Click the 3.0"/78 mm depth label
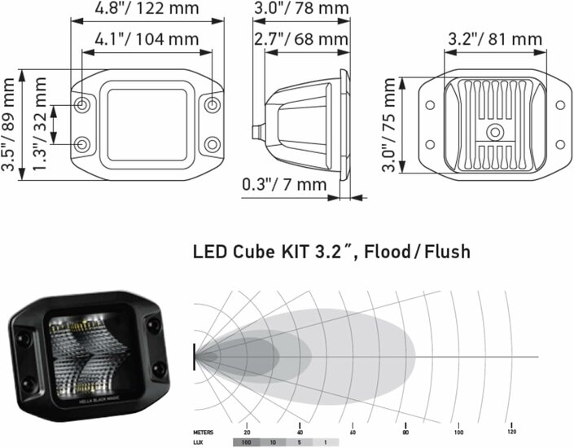(x=300, y=10)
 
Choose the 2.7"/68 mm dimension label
(x=300, y=38)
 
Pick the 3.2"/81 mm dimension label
(x=495, y=38)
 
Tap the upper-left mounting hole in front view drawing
(x=84, y=106)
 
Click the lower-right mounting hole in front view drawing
(x=213, y=144)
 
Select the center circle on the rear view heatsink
(x=494, y=133)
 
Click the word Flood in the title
(x=392, y=251)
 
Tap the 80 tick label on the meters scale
(x=405, y=431)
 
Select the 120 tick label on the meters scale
(x=511, y=431)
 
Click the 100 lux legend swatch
(x=245, y=443)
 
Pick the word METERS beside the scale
(x=204, y=431)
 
